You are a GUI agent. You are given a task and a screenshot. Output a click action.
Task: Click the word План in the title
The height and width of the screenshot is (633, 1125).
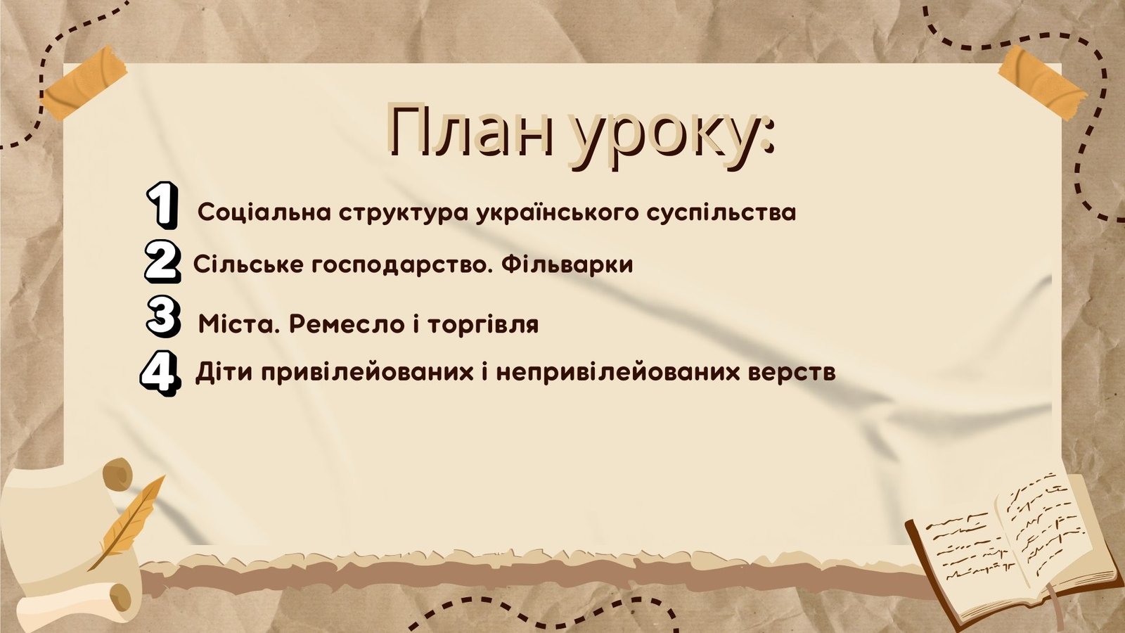[472, 131]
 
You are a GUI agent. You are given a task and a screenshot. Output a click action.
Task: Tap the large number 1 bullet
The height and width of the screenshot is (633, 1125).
[162, 205]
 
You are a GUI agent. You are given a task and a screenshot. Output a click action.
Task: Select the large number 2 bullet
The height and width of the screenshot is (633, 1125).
[162, 261]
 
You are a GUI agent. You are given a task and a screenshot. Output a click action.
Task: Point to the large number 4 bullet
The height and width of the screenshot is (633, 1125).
[159, 373]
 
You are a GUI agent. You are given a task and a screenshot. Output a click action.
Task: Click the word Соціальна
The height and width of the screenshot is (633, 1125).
[264, 212]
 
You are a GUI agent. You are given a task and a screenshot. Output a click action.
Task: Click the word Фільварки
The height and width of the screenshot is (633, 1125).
[567, 264]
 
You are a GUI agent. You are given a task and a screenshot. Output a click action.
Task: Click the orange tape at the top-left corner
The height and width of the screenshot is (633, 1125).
[84, 82]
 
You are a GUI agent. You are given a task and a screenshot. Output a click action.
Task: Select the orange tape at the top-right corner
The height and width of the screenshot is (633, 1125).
[1041, 82]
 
